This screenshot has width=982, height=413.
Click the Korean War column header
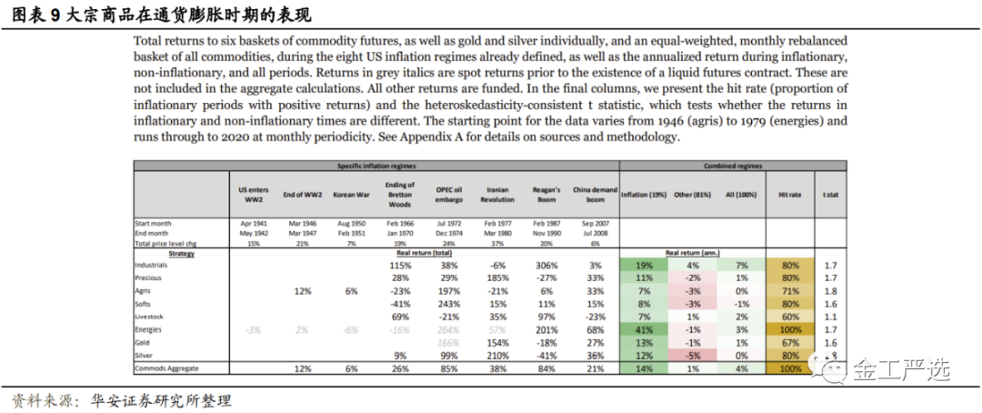350,193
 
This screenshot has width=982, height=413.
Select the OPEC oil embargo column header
448,193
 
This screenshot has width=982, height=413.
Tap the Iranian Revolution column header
497,193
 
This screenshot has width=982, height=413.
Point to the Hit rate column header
790,194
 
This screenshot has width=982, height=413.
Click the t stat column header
830,194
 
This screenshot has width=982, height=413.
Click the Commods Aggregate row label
167,368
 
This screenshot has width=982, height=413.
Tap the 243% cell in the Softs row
448,303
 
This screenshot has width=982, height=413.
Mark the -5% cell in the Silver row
693,355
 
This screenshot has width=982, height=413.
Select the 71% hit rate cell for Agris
790,290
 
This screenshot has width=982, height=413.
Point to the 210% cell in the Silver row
496,355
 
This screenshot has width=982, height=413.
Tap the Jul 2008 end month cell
595,232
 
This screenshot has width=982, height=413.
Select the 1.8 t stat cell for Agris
830,290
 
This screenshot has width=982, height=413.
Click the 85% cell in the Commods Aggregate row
448,368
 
